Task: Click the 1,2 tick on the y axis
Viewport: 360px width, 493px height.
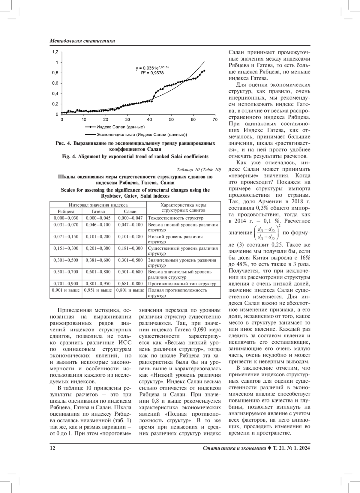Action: [55, 52]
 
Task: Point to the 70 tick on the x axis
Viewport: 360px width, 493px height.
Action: [215, 120]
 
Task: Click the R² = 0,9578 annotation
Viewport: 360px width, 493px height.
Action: [152, 73]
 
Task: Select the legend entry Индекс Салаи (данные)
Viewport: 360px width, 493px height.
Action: [121, 127]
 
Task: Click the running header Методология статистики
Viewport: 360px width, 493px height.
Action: [82, 41]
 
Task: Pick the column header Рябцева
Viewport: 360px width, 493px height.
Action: [66, 211]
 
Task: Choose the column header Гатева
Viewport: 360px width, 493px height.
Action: [98, 211]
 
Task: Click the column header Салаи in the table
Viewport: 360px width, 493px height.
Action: [130, 211]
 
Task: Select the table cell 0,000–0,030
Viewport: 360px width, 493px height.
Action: [66, 218]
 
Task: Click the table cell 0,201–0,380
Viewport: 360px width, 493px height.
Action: [98, 248]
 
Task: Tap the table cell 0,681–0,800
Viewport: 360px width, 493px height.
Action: [130, 284]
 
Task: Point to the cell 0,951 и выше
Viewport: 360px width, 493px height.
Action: [98, 290]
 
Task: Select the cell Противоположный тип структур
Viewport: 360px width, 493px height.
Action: [182, 284]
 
